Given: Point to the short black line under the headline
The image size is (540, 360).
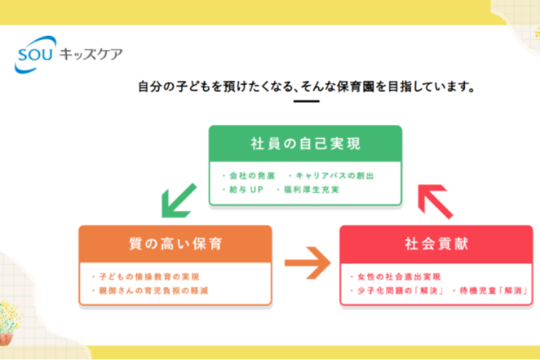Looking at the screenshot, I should tap(306, 101).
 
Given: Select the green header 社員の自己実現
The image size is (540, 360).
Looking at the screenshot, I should tap(305, 144).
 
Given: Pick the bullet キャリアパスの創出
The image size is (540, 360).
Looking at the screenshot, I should tap(335, 175).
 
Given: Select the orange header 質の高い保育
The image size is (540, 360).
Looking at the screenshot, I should tap(175, 244).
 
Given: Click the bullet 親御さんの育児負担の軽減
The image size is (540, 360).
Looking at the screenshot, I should tap(154, 290).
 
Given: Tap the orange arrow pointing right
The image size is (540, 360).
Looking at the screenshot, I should tap(307, 264).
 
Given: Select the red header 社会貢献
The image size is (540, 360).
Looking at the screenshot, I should tap(436, 244).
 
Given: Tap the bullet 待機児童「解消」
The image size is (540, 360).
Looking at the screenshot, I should tap(491, 290).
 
